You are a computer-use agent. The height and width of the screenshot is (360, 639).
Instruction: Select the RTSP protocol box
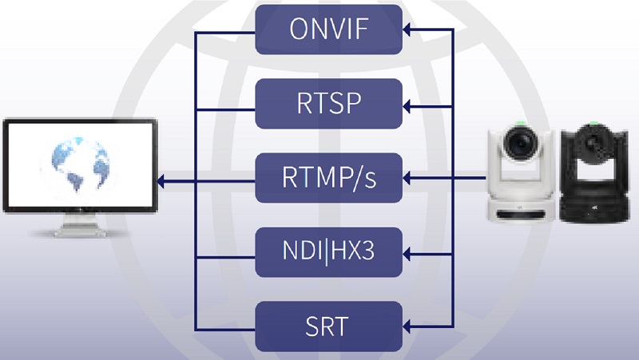click(x=328, y=103)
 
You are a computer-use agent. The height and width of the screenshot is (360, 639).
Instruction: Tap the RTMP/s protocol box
click(x=328, y=177)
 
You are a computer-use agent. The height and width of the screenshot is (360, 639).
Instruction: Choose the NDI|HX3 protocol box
click(x=328, y=251)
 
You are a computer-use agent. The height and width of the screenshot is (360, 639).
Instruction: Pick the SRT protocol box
click(x=328, y=326)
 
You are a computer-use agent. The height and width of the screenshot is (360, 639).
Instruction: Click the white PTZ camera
click(x=520, y=172)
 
